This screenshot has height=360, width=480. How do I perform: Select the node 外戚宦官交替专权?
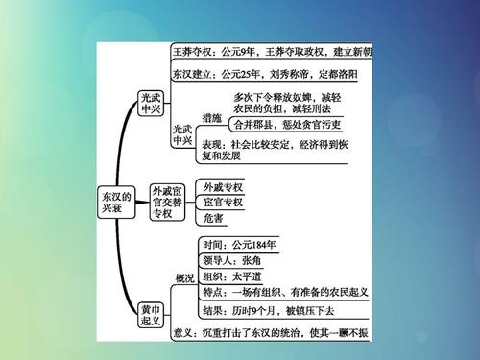pyautogui.click(x=166, y=202)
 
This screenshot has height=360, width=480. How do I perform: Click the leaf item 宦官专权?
pyautogui.click(x=224, y=203)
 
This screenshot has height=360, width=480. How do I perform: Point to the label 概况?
pyautogui.click(x=183, y=277)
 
